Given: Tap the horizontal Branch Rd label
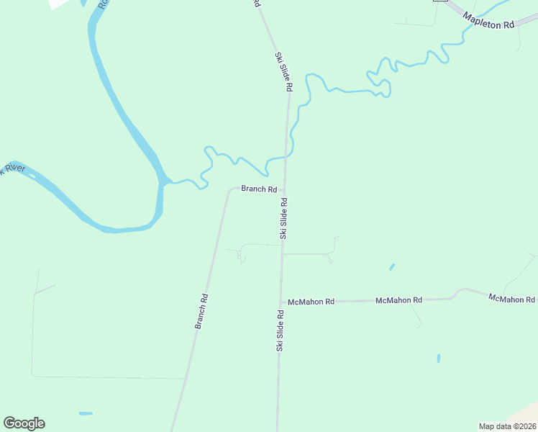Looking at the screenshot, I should click(x=259, y=189).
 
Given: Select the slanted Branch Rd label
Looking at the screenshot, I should click(x=201, y=311).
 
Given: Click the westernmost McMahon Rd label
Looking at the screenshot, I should click(x=311, y=302).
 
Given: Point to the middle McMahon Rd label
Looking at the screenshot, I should click(x=398, y=300).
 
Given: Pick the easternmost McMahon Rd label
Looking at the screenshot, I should click(x=511, y=298).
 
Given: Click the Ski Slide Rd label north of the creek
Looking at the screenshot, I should click(x=284, y=71).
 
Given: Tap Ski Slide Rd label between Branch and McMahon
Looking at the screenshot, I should click(x=283, y=218).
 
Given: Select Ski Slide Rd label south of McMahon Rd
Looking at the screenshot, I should click(x=279, y=330).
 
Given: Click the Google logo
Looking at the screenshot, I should click(x=24, y=423).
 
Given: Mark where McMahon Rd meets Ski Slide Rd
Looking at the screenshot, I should click(x=281, y=302).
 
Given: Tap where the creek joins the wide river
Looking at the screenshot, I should click(x=167, y=181).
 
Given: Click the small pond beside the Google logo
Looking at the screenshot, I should click(x=86, y=413).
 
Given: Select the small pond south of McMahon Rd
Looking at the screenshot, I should click(x=438, y=357).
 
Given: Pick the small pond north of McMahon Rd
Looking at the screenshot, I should click(x=392, y=266).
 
